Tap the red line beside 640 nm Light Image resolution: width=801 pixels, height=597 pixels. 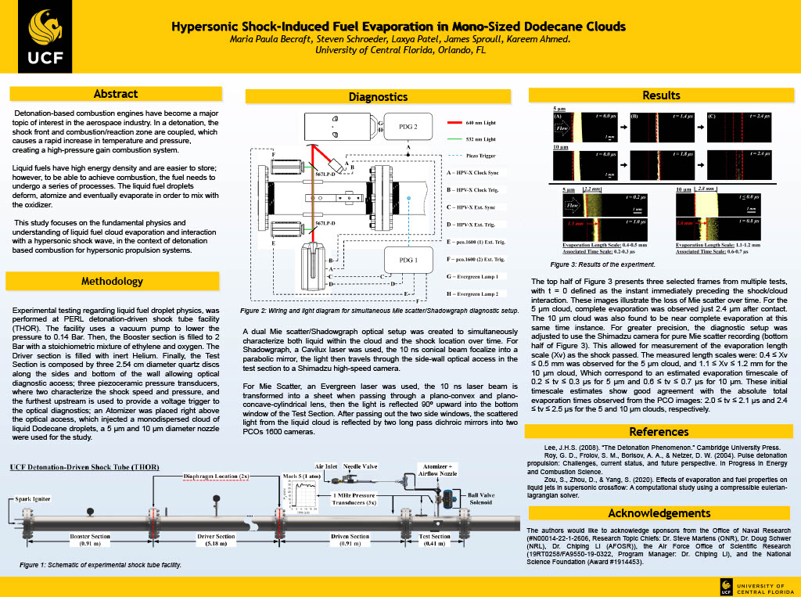(x=458, y=123)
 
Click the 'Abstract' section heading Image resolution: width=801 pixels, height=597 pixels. (x=115, y=94)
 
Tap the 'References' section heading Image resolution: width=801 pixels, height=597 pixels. (x=659, y=431)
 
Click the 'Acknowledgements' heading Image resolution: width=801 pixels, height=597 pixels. (x=659, y=513)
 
